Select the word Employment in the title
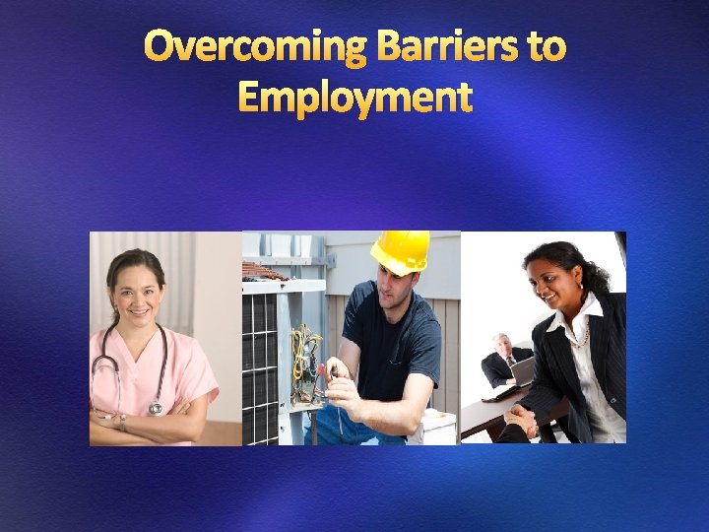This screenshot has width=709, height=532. point(355,98)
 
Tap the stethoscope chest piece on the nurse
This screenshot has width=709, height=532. point(155,407)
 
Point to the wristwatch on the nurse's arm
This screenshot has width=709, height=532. point(122,422)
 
